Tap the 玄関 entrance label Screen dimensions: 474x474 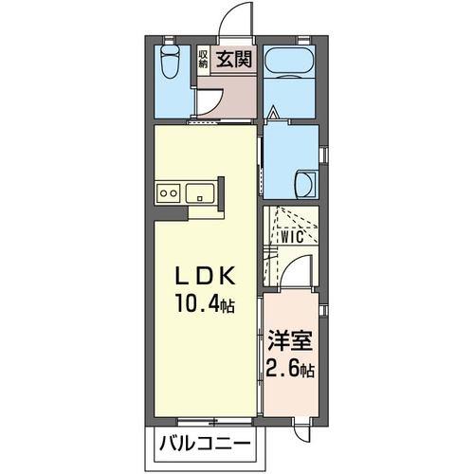233,59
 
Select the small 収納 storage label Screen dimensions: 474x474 204,59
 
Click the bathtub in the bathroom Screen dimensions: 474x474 290,67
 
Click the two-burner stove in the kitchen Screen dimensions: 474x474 168,192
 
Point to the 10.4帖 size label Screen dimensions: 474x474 203,305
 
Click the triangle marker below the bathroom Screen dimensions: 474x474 272,115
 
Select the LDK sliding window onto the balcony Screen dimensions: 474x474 204,418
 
